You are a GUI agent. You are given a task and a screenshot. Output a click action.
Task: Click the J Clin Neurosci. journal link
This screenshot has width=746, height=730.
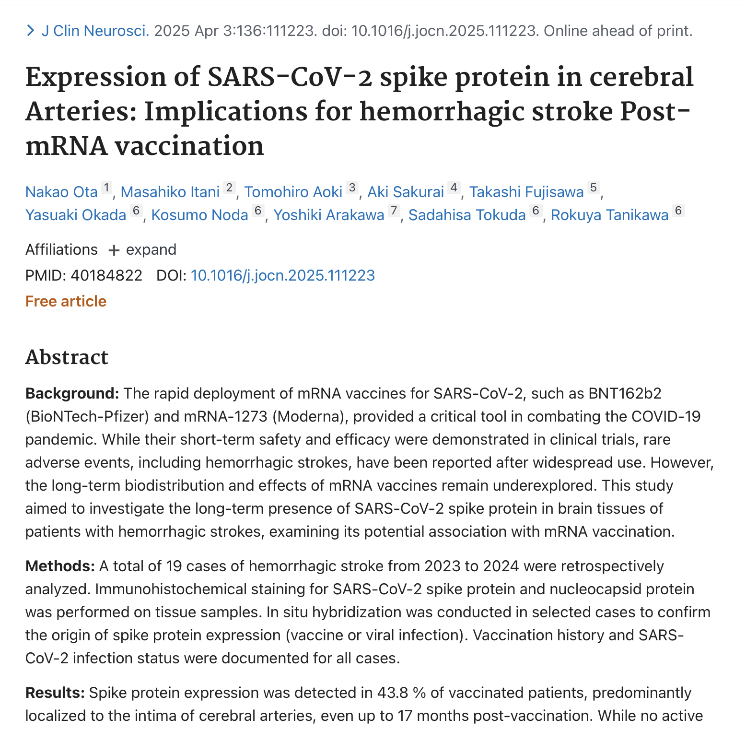95,31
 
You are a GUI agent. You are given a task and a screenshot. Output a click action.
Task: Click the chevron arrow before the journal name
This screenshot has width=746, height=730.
31,31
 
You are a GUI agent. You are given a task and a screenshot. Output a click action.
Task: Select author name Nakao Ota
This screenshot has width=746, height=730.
61,192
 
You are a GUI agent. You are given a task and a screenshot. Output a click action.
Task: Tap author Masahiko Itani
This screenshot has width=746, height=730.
170,192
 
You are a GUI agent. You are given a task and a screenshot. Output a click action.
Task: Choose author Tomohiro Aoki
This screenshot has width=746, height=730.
293,192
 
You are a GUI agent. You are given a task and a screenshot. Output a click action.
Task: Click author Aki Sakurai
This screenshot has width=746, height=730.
405,192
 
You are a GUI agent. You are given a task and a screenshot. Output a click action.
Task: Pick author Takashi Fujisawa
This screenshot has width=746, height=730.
526,192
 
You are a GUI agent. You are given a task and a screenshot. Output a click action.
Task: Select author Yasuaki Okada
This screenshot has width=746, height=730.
76,215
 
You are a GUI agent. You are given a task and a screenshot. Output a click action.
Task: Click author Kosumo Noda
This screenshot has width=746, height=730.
199,215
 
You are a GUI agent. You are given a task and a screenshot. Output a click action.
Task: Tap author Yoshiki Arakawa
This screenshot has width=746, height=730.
328,215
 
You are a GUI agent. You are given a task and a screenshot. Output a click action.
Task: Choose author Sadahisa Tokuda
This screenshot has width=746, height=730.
466,215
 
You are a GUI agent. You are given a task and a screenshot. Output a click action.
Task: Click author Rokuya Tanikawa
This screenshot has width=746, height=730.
609,215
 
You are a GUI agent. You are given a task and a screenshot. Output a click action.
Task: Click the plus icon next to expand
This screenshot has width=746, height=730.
114,250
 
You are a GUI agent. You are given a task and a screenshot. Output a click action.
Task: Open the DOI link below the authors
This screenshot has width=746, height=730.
282,275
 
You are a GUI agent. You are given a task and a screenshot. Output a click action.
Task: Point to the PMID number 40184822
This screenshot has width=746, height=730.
106,275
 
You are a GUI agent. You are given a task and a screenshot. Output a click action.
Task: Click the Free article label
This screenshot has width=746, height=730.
66,301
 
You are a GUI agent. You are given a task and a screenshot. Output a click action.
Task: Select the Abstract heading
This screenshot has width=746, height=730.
67,357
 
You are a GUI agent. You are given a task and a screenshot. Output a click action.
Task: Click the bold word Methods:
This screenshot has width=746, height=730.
60,566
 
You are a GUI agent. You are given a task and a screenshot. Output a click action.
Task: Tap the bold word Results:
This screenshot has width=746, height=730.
55,693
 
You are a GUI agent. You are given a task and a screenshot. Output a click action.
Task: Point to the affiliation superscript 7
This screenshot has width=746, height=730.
394,211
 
